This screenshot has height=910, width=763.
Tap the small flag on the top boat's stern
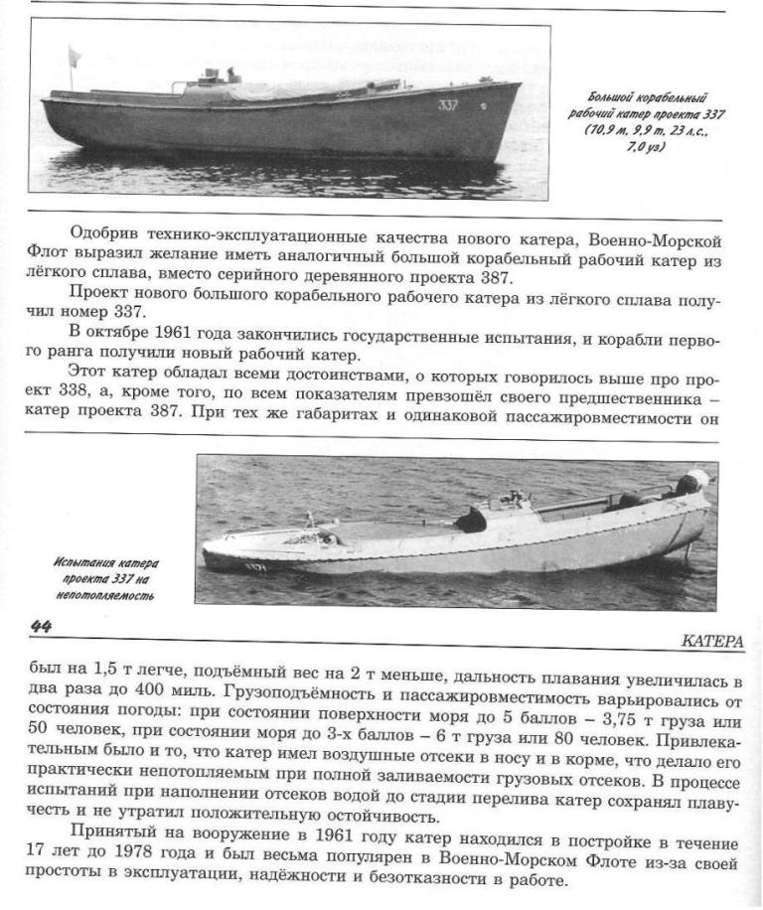73,54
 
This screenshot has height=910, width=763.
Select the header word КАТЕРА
712,642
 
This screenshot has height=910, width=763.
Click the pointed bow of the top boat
518,86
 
